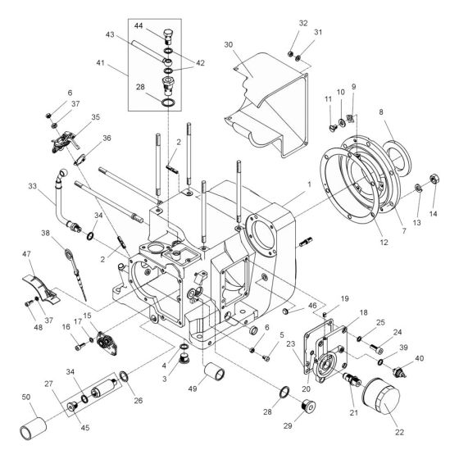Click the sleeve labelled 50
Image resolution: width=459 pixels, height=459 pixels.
35,424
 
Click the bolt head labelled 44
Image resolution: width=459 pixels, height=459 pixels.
167,35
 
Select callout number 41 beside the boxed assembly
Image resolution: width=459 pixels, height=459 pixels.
123,62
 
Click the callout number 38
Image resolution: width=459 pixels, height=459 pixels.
47,232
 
